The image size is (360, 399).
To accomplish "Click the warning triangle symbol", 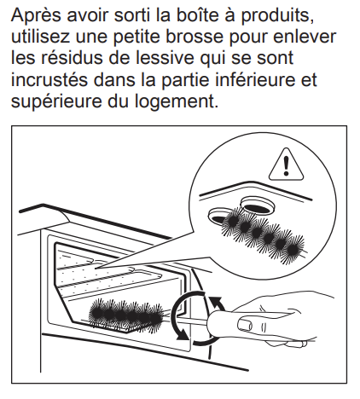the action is click(x=286, y=165).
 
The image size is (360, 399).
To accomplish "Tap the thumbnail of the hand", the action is click(x=245, y=323).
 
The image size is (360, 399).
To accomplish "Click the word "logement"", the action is click(x=173, y=101).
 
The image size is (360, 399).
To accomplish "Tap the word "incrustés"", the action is click(x=49, y=80).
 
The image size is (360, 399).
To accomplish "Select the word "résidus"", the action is click(x=72, y=58).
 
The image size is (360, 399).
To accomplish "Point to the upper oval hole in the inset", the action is click(x=258, y=205).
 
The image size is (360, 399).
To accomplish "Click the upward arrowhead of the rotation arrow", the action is click(x=216, y=301).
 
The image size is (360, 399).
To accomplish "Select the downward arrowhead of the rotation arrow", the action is click(x=182, y=335).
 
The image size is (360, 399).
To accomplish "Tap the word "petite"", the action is click(x=137, y=38).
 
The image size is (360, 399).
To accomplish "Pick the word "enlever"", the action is click(x=305, y=37).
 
